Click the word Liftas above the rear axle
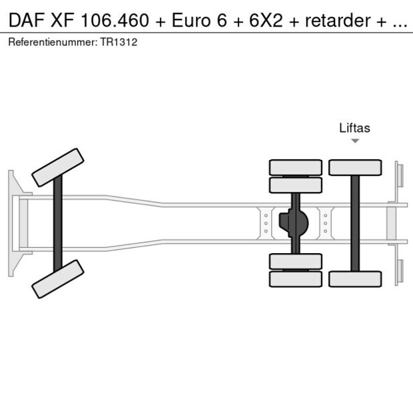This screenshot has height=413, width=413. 354,128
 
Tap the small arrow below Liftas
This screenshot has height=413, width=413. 355,141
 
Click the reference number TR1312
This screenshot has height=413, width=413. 120,41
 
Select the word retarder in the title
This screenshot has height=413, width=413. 337,20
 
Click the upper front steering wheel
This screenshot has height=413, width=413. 58,167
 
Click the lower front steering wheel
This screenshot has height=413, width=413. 58,278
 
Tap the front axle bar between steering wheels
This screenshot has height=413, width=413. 58,222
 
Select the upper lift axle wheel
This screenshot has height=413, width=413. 355,167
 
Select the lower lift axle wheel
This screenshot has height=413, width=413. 355,278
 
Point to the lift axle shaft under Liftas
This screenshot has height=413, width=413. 355,223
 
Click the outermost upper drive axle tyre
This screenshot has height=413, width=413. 295,167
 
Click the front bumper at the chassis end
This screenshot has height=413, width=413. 11,222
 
